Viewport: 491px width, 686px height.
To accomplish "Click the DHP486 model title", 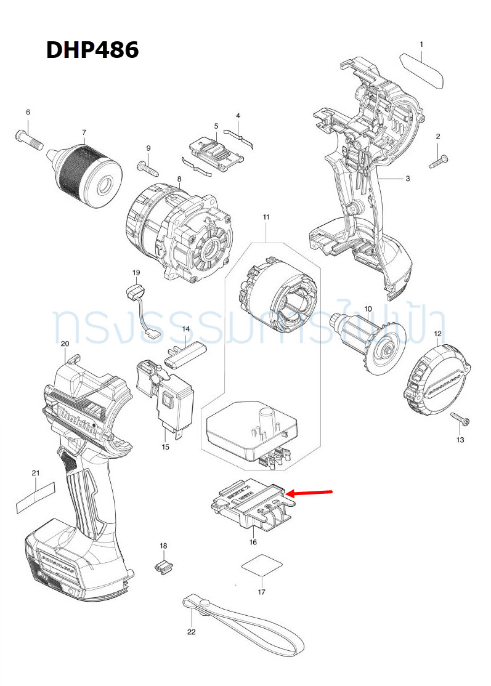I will pos(92,50).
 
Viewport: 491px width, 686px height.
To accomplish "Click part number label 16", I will pos(253,542).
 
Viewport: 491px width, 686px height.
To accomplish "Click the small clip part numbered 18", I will pos(162,566).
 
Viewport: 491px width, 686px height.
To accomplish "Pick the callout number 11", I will pos(266,217).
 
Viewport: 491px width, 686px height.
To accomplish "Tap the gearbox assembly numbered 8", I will pos(179,231).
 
